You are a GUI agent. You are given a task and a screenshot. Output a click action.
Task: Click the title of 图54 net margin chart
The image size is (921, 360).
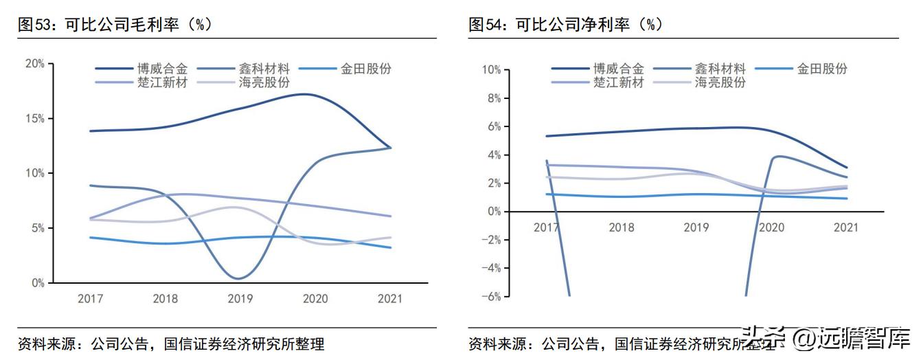(x=565, y=25)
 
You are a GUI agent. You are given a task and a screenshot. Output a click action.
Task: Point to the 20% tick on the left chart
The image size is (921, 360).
(x=34, y=63)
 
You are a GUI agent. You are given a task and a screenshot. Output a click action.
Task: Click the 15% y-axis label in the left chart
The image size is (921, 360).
(x=34, y=118)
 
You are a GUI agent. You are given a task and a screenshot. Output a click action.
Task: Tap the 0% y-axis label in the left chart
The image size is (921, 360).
(x=37, y=282)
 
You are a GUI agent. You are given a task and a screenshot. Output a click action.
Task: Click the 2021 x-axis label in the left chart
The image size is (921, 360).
(x=390, y=299)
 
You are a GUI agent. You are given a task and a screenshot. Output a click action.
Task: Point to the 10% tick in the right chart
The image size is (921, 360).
(x=491, y=69)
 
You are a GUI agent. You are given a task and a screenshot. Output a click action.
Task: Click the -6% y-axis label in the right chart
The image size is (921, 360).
(x=491, y=296)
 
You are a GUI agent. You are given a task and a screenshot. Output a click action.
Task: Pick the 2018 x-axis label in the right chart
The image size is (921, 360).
(x=621, y=227)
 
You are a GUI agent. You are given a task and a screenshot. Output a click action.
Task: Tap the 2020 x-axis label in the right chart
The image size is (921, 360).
(x=770, y=227)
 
